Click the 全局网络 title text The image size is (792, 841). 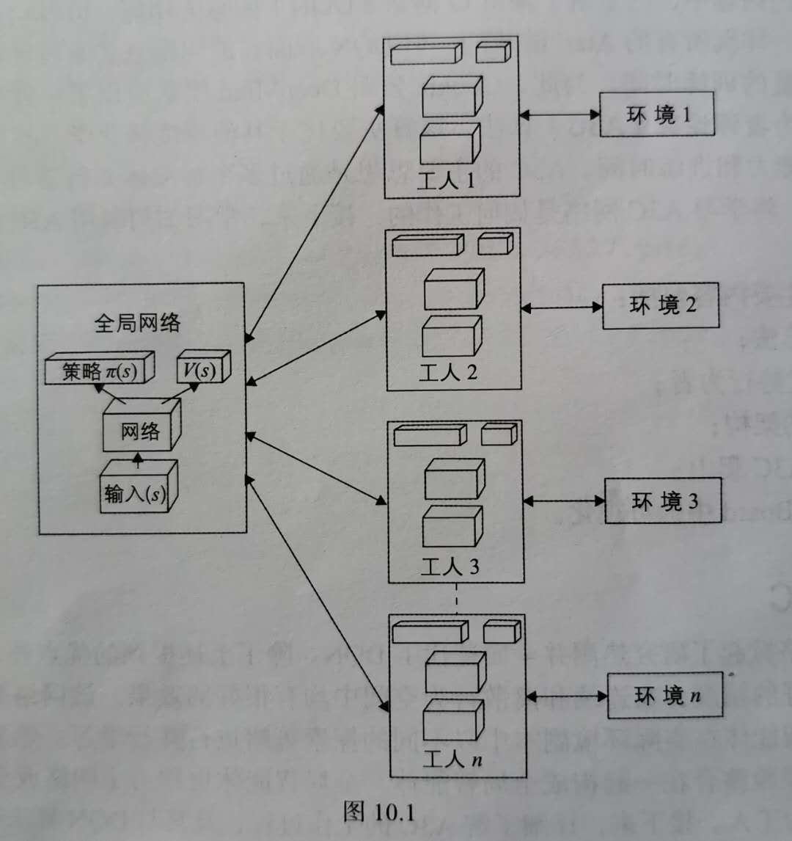(x=137, y=323)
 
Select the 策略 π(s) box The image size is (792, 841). (x=100, y=370)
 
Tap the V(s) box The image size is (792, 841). (x=202, y=369)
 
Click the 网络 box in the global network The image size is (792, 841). (x=140, y=430)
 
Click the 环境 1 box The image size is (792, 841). (x=656, y=115)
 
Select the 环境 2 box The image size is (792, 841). (x=661, y=305)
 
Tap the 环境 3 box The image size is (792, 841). (x=663, y=501)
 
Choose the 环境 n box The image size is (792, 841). (x=664, y=695)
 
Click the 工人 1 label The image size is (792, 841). (x=446, y=181)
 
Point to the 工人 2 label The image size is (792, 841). (x=447, y=373)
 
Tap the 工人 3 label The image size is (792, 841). (x=450, y=567)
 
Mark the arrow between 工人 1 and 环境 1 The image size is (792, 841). (x=560, y=114)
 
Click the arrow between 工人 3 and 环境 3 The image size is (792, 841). (x=564, y=501)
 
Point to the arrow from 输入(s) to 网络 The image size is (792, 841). (x=136, y=459)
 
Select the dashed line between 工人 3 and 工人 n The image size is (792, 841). (x=456, y=598)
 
